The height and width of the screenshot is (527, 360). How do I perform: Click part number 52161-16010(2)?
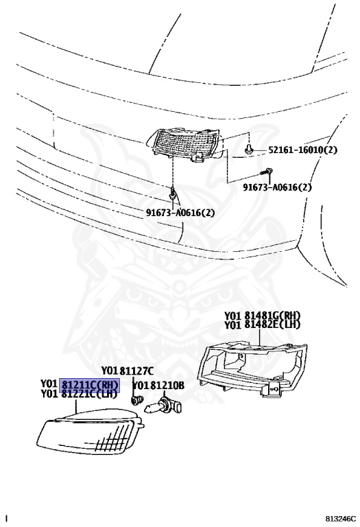coord(302,150)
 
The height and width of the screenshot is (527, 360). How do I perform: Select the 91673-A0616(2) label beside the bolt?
coord(278,187)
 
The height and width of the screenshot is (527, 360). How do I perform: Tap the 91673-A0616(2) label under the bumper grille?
coord(180,213)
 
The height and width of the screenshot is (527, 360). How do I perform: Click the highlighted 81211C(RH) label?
coord(90,385)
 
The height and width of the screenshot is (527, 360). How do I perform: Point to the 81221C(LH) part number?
coord(89,395)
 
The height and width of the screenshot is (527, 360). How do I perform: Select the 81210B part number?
coord(167,386)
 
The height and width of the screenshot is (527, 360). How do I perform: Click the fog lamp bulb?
coord(163,406)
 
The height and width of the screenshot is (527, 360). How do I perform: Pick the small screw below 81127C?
coord(136,400)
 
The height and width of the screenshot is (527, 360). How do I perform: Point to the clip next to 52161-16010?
coord(249,148)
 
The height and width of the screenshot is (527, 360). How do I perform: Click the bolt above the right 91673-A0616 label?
coord(265,172)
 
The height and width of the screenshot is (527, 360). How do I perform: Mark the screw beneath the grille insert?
coord(173,193)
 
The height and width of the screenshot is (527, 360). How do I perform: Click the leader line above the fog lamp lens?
coord(77,406)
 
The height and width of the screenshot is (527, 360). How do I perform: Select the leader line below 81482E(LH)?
coord(260,337)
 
